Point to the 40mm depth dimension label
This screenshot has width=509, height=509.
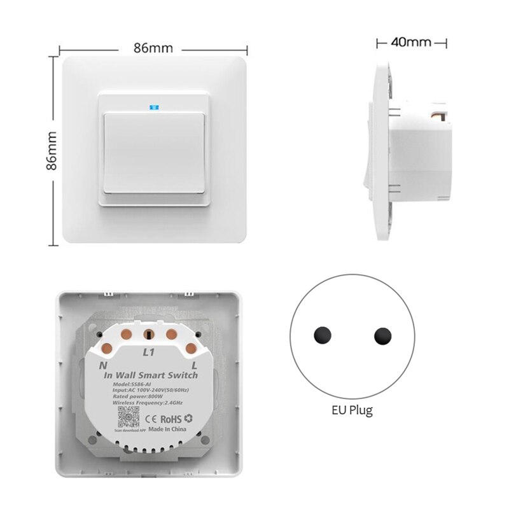(411, 43)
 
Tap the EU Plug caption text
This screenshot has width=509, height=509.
(352, 410)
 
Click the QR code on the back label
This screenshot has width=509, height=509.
(126, 418)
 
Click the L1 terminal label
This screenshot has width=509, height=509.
(149, 351)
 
